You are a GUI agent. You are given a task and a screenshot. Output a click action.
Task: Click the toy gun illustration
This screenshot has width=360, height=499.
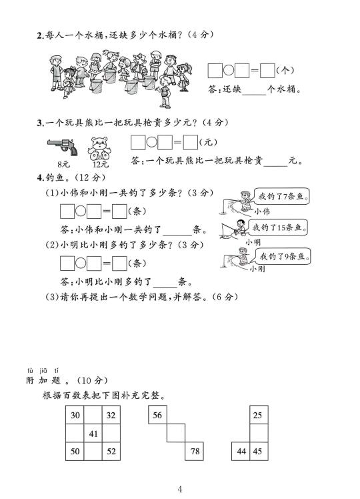point(62,147)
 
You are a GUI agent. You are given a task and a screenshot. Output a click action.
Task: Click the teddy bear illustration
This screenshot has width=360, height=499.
point(99,148)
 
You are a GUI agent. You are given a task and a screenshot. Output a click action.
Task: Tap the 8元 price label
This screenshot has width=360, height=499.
point(63,164)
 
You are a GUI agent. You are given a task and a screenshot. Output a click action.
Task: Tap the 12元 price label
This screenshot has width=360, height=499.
point(101,164)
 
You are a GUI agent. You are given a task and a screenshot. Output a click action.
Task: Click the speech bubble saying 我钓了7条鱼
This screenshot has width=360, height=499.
point(281,196)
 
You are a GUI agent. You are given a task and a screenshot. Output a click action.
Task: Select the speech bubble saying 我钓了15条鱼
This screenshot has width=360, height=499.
point(277,227)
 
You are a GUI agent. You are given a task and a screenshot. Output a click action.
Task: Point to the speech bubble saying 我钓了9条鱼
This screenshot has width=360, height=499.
point(283,256)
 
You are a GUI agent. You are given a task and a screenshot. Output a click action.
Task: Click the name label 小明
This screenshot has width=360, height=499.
point(253,242)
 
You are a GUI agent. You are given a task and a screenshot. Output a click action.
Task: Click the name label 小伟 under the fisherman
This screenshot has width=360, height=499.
point(262,211)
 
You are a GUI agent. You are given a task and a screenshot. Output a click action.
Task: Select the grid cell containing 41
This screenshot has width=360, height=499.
point(93,433)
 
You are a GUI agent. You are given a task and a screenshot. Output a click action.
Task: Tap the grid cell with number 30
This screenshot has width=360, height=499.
point(75,415)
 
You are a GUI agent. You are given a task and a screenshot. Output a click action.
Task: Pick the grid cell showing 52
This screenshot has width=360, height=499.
point(111,451)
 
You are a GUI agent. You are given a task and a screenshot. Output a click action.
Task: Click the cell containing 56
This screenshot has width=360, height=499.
point(157,415)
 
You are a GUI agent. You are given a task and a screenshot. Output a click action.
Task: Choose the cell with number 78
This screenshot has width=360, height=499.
point(194,451)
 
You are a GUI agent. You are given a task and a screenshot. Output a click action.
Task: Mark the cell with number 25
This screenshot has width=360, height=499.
point(259,415)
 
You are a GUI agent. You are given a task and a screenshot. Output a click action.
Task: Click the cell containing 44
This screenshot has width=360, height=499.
point(241,451)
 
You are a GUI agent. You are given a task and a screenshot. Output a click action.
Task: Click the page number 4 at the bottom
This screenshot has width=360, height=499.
point(180,488)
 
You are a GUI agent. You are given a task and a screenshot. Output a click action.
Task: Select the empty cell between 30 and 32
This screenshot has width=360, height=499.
point(93,415)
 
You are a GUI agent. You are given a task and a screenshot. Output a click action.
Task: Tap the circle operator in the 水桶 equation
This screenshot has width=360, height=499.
point(229,70)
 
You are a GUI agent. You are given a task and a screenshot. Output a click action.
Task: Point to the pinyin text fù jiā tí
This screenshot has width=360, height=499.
point(43,370)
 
